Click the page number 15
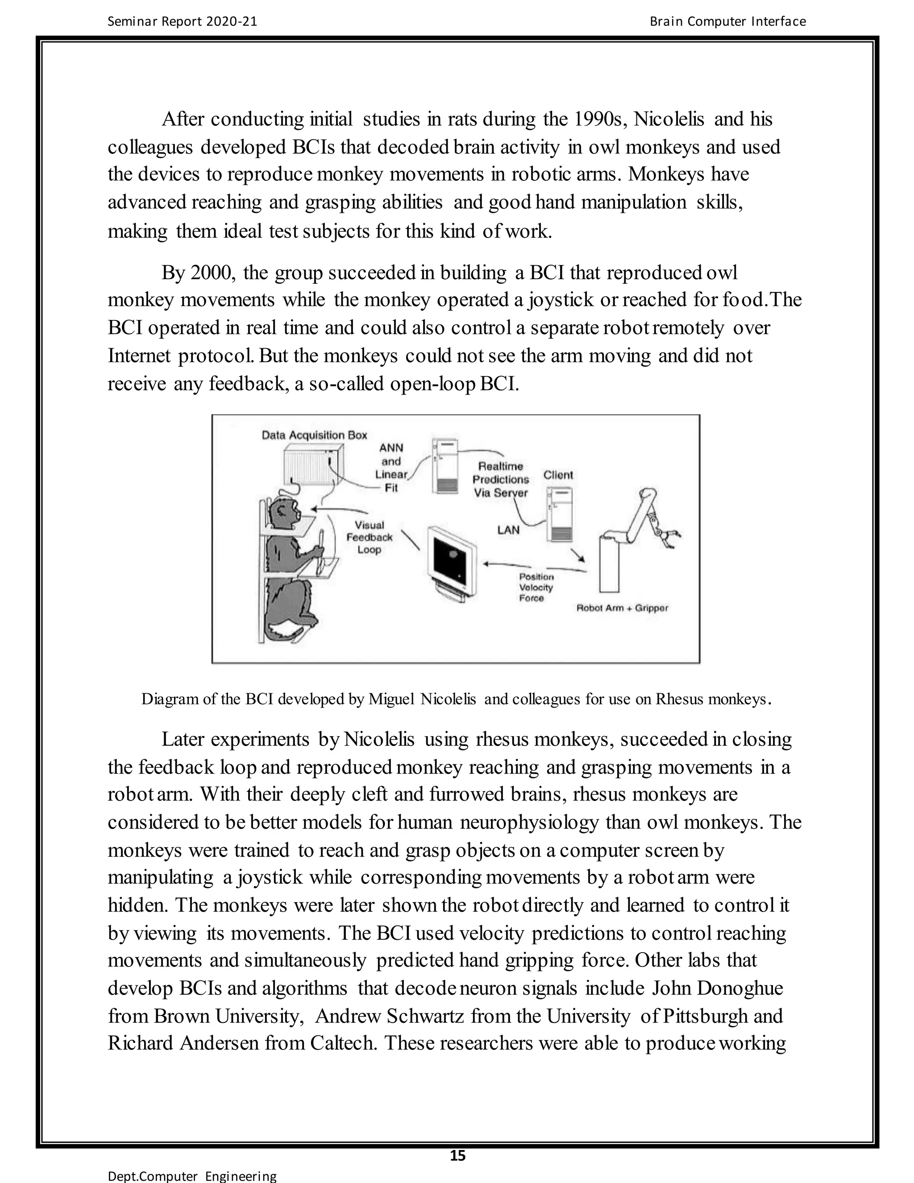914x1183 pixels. [457, 1155]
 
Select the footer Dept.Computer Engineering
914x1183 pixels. [192, 1176]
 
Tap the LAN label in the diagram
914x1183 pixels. [508, 530]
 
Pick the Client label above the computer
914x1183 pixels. [558, 475]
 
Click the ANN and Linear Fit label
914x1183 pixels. [391, 467]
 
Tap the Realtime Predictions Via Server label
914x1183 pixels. [500, 479]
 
